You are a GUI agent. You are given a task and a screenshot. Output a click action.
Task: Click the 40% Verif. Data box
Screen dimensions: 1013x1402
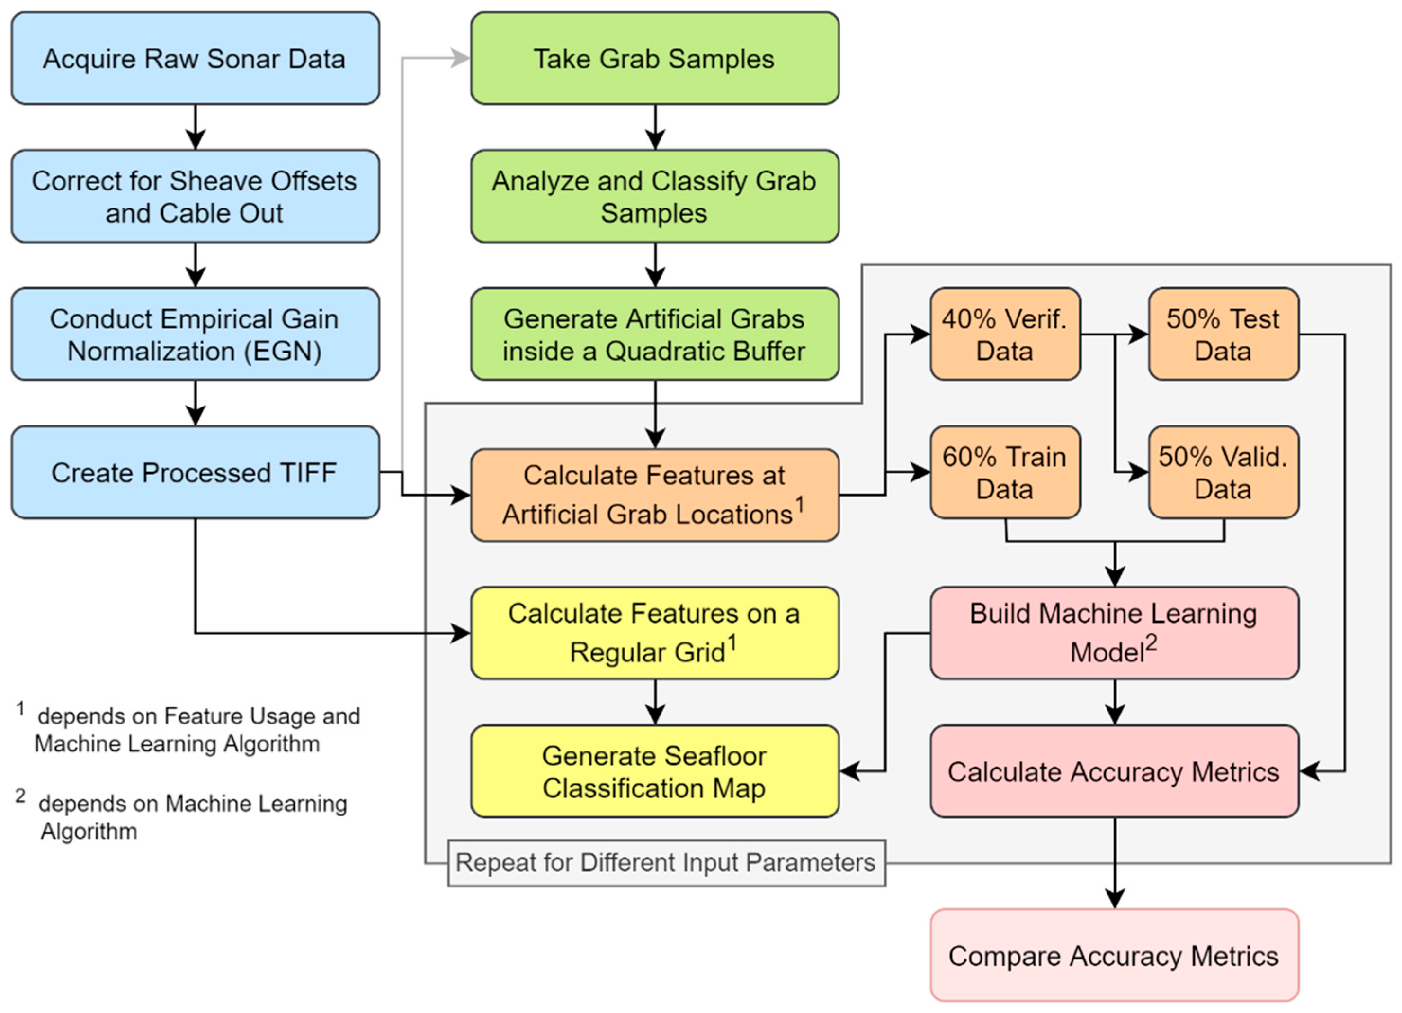(1005, 335)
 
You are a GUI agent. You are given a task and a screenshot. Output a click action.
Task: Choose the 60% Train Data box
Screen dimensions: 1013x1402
(1005, 472)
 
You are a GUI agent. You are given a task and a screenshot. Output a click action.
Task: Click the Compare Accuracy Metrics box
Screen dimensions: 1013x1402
(1114, 956)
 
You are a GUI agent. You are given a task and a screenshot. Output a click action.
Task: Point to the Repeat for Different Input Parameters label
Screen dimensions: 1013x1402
(666, 863)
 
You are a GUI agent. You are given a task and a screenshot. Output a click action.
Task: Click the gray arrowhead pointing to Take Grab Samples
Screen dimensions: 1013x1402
(461, 59)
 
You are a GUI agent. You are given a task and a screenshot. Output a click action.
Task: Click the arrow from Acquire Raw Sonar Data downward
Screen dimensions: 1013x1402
(196, 127)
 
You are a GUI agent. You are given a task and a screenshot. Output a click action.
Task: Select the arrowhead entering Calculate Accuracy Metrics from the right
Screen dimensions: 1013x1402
(1309, 772)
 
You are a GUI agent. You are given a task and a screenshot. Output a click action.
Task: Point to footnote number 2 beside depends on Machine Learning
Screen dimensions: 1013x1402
(20, 796)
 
